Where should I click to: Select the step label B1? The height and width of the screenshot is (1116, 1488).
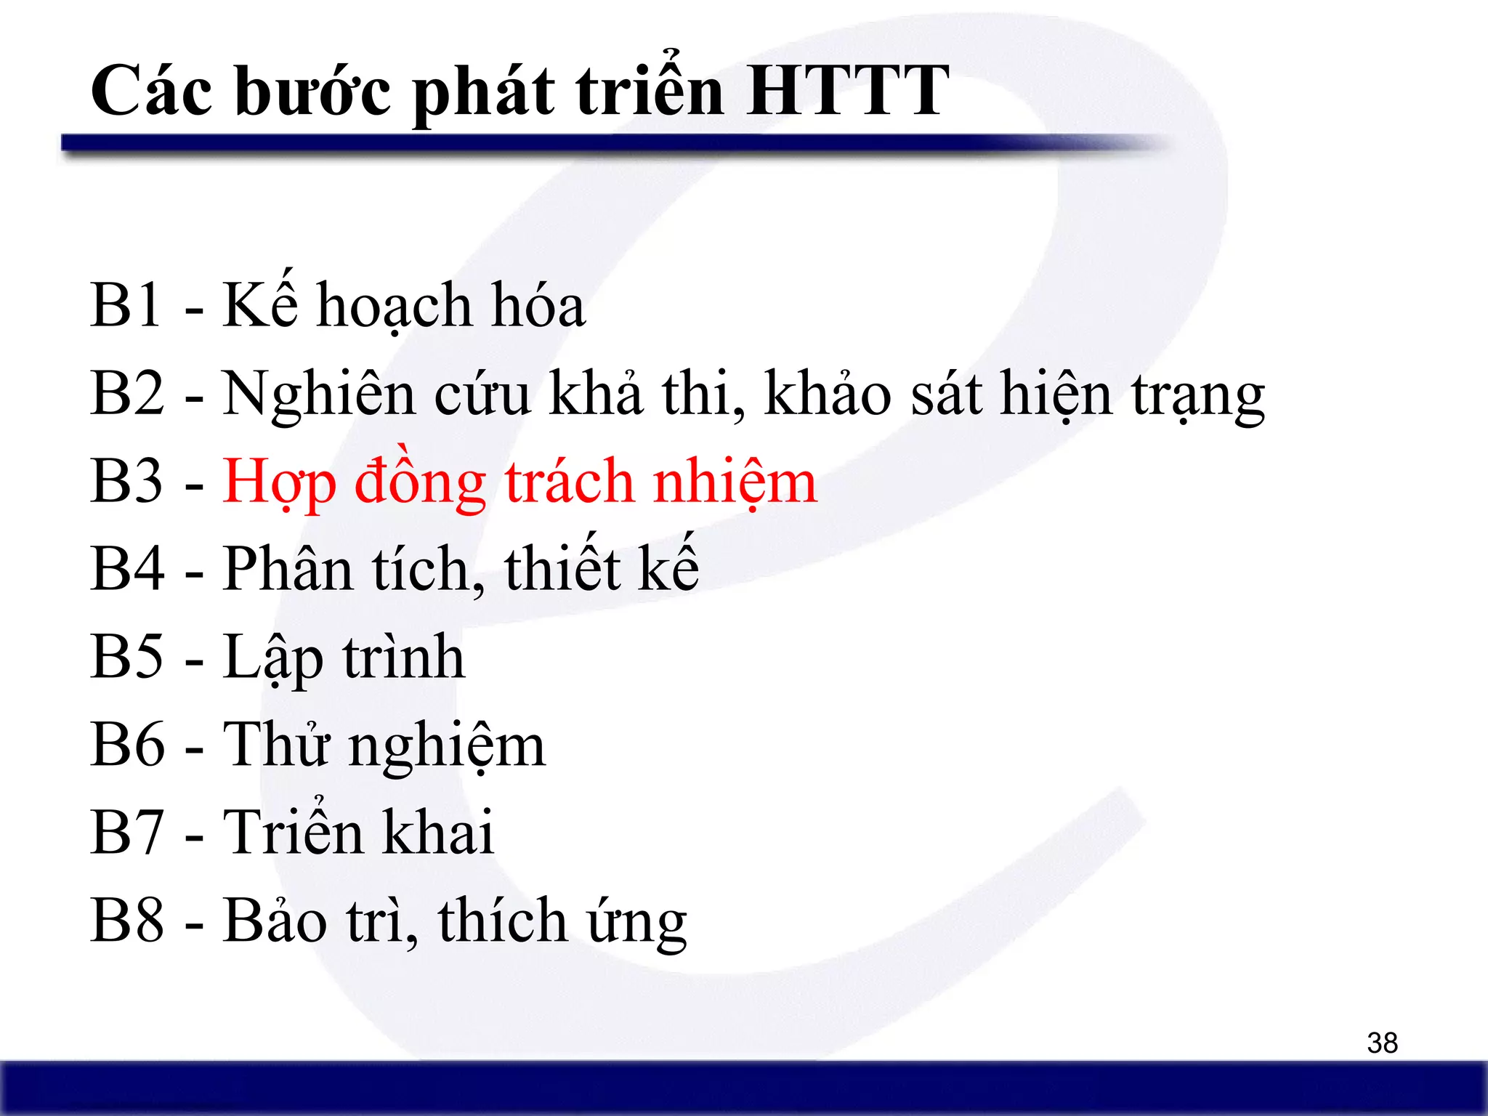click(126, 305)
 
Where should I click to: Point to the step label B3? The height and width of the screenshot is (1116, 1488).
click(127, 481)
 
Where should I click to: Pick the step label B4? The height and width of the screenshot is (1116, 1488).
click(127, 569)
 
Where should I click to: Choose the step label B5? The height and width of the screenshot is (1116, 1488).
click(127, 657)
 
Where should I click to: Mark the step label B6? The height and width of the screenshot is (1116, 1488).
click(127, 745)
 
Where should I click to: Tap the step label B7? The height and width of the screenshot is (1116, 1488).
click(127, 833)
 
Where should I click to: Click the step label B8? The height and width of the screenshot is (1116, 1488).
click(127, 921)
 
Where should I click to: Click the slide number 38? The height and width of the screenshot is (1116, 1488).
click(1382, 1043)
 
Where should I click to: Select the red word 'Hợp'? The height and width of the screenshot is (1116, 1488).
click(279, 482)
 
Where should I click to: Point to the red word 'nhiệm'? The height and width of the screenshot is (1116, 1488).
click(735, 482)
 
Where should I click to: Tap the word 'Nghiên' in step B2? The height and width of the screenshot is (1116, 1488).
click(319, 395)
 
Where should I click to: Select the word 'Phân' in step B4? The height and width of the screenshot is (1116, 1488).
click(288, 569)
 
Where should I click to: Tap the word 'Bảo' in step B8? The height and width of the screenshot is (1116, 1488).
click(275, 921)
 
